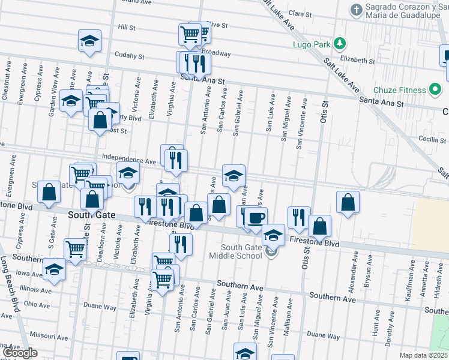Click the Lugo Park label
[312, 44]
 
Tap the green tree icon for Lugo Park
[340, 43]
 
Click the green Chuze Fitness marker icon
[436, 91]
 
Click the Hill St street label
[127, 28]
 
